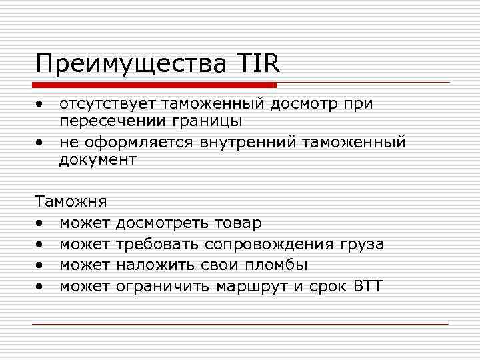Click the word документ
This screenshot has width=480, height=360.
click(97, 160)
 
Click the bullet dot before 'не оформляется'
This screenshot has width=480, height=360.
click(41, 142)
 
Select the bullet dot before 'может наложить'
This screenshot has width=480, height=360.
click(41, 266)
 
